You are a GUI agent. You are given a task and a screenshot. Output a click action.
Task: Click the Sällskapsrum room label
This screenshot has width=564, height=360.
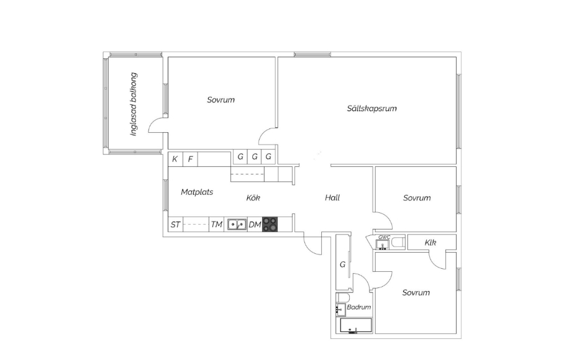[x=371, y=108]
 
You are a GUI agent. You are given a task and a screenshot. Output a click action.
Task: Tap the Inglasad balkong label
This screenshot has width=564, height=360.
[x=134, y=104]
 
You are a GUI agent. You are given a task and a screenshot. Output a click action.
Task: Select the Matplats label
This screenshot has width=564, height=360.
[x=197, y=192]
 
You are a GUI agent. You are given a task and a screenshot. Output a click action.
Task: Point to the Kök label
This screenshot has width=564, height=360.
[x=253, y=197]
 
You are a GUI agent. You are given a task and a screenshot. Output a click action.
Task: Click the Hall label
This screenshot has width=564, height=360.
[x=332, y=197]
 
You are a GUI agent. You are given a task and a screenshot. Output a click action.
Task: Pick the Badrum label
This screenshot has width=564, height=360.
[x=358, y=307]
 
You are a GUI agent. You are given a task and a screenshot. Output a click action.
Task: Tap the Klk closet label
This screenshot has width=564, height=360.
[x=430, y=243]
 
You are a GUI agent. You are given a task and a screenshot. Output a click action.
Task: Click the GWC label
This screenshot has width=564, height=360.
[x=384, y=237]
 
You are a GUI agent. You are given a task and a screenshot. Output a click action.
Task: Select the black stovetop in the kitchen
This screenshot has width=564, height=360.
[x=270, y=225]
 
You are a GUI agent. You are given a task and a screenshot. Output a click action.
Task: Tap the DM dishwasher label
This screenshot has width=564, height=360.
[x=255, y=225]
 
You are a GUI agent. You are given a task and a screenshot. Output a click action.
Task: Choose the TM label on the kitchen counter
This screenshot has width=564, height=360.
[x=216, y=225]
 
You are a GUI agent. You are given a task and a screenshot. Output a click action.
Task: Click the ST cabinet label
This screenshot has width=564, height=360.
[x=175, y=225]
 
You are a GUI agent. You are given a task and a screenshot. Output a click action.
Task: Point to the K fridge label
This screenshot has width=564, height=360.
[x=175, y=159]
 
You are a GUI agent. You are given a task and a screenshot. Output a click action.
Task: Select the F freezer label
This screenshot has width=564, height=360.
[x=191, y=159]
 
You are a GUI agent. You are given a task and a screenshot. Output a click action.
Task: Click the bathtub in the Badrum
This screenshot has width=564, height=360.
[x=356, y=325]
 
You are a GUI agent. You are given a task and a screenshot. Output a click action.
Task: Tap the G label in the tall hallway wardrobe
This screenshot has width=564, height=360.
[x=342, y=264]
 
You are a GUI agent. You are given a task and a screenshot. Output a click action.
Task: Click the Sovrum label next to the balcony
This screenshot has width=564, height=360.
[x=221, y=99]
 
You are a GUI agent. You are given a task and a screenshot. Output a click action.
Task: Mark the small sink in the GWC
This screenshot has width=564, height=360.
[x=383, y=245]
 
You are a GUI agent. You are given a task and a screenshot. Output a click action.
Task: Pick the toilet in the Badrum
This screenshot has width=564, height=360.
[x=342, y=297]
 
